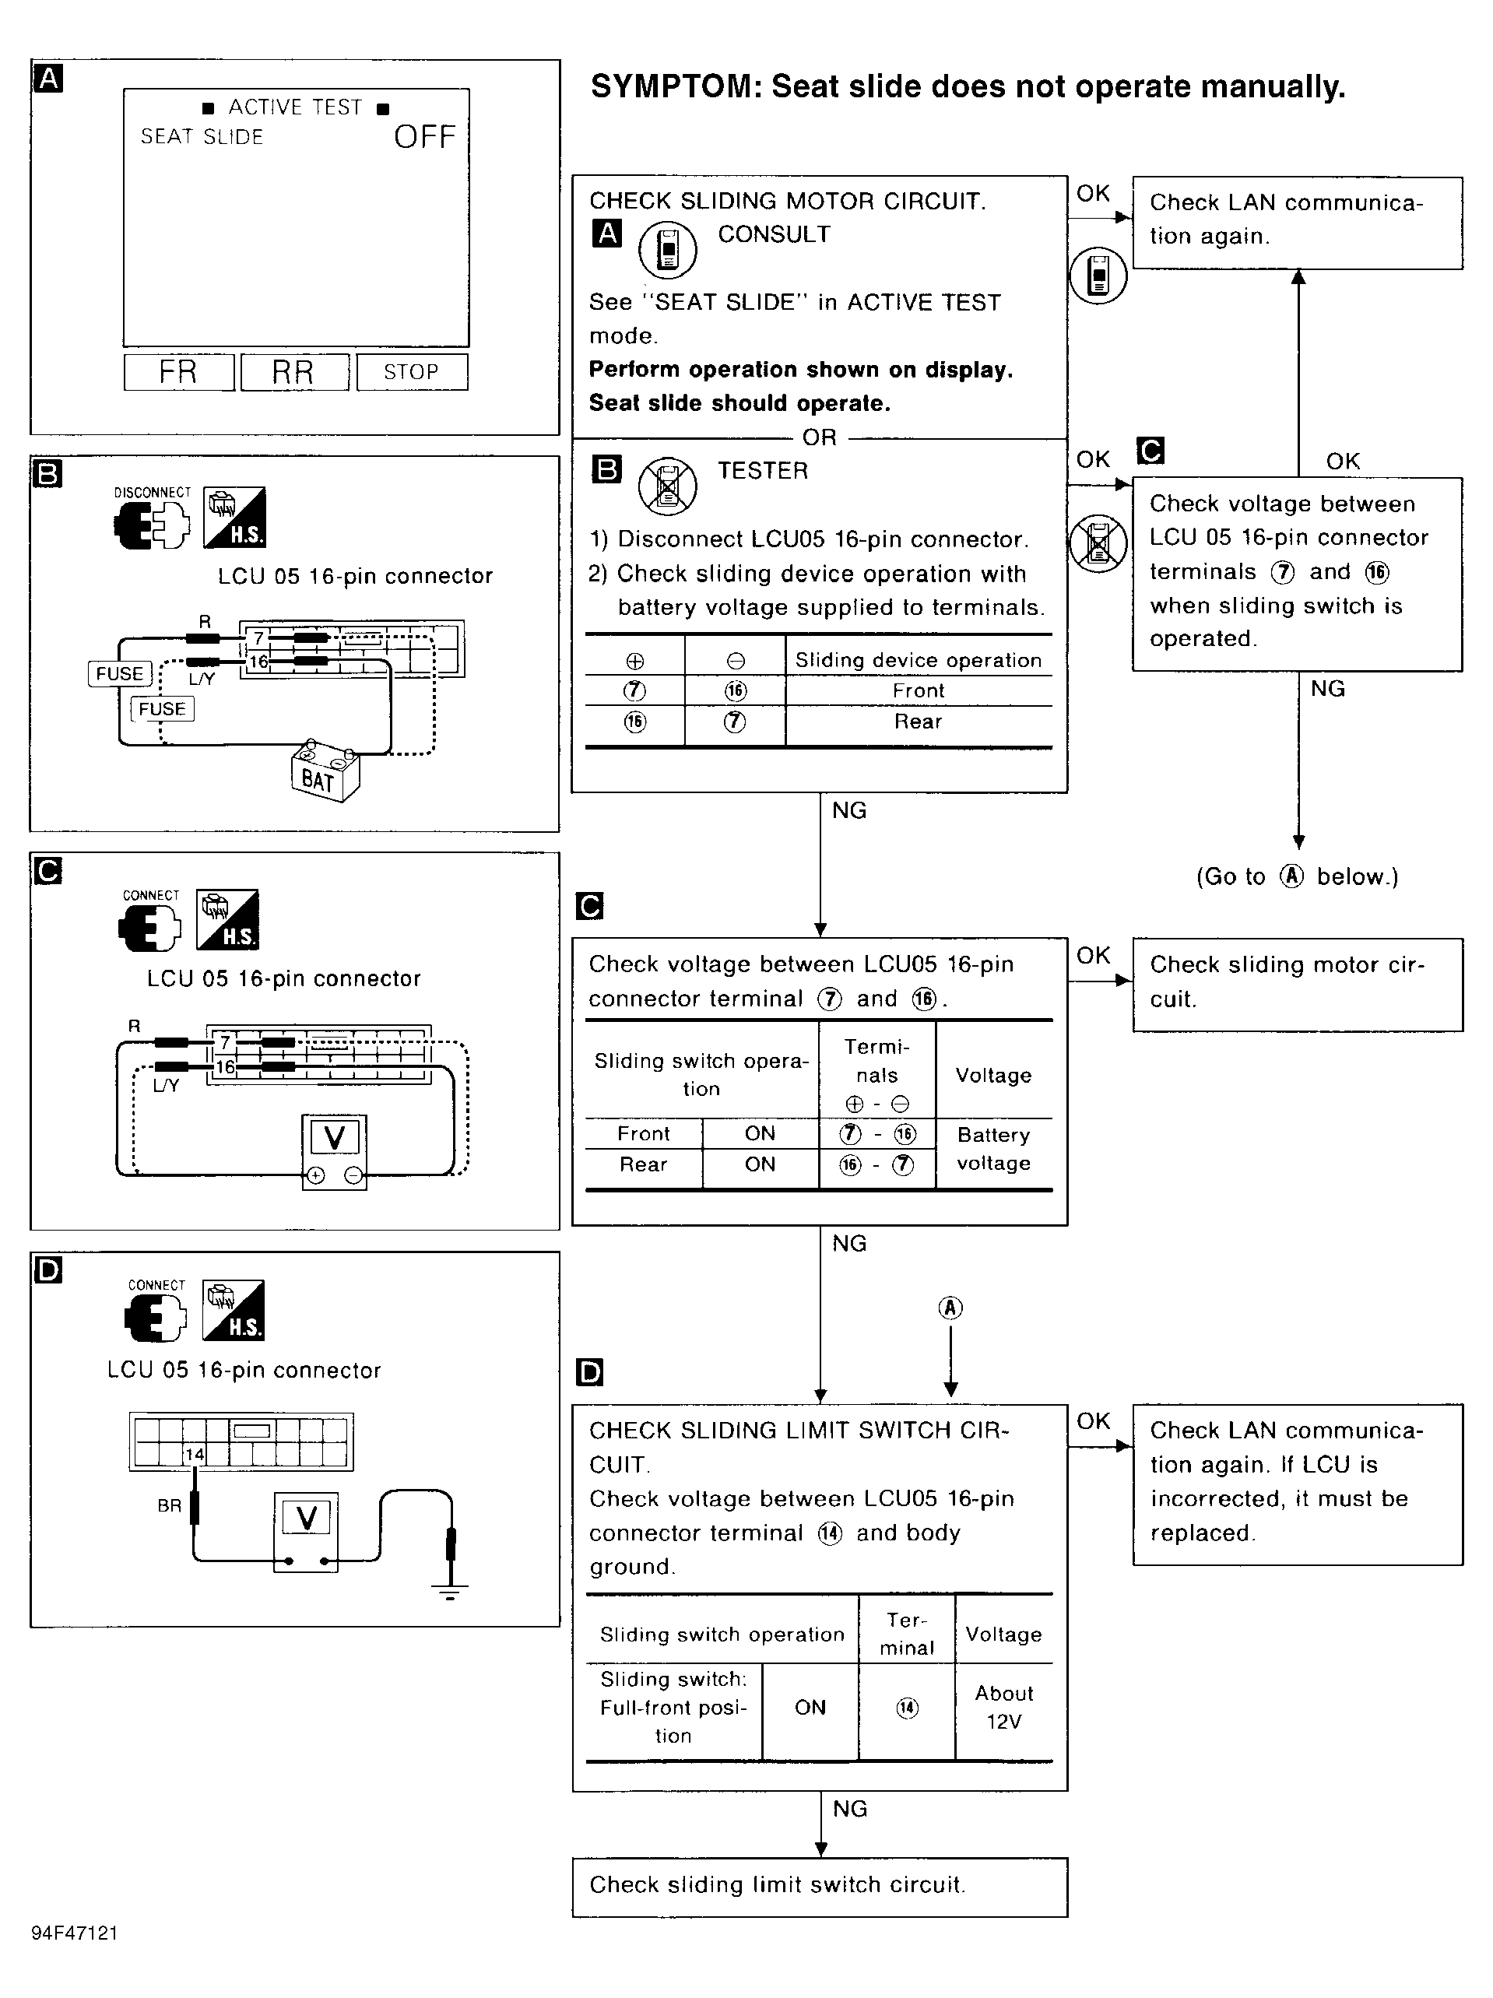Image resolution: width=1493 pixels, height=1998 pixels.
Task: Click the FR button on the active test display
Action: coord(178,372)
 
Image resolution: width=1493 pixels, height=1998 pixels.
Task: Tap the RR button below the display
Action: coord(293,372)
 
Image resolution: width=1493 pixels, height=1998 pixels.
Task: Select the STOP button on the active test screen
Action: coord(412,372)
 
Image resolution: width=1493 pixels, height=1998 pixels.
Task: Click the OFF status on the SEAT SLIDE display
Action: coord(424,137)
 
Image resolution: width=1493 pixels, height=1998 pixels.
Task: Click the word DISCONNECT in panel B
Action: coord(152,492)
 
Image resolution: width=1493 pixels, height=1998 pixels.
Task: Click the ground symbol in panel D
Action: coord(450,1592)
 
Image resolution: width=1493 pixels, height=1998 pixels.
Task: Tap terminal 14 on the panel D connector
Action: coord(194,1454)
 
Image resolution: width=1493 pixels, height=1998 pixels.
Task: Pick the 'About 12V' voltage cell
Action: coord(1003,1707)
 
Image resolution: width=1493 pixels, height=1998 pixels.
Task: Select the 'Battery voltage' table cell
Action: coord(993,1149)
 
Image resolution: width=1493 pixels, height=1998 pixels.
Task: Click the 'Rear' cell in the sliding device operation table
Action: coord(918,722)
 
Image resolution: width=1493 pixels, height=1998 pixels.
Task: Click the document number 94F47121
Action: coord(74,1933)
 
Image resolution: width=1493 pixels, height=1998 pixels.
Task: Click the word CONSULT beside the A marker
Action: coord(773,234)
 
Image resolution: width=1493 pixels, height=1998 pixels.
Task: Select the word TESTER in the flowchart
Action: coord(762,471)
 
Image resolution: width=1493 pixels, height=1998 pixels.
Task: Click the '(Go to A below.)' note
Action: coord(1297,876)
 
